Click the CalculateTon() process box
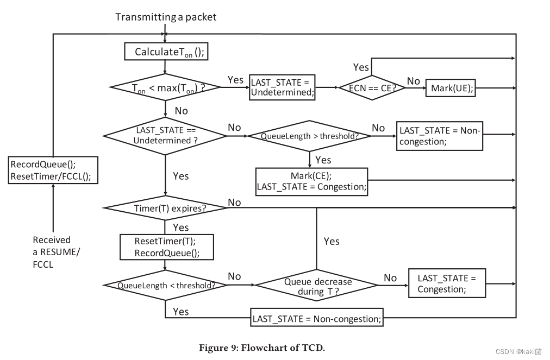(165, 52)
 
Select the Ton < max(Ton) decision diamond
(165, 87)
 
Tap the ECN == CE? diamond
(372, 87)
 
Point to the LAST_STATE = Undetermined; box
(282, 87)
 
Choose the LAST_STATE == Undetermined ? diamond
(165, 135)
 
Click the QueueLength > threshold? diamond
(309, 136)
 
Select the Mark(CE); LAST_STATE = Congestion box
(311, 181)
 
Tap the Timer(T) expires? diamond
(165, 208)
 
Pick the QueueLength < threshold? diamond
(165, 285)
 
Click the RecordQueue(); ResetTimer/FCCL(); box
(53, 170)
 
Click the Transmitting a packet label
(166, 17)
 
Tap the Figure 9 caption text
(262, 348)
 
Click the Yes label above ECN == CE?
(361, 67)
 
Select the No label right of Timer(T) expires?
(234, 203)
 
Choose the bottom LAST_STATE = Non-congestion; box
(317, 319)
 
